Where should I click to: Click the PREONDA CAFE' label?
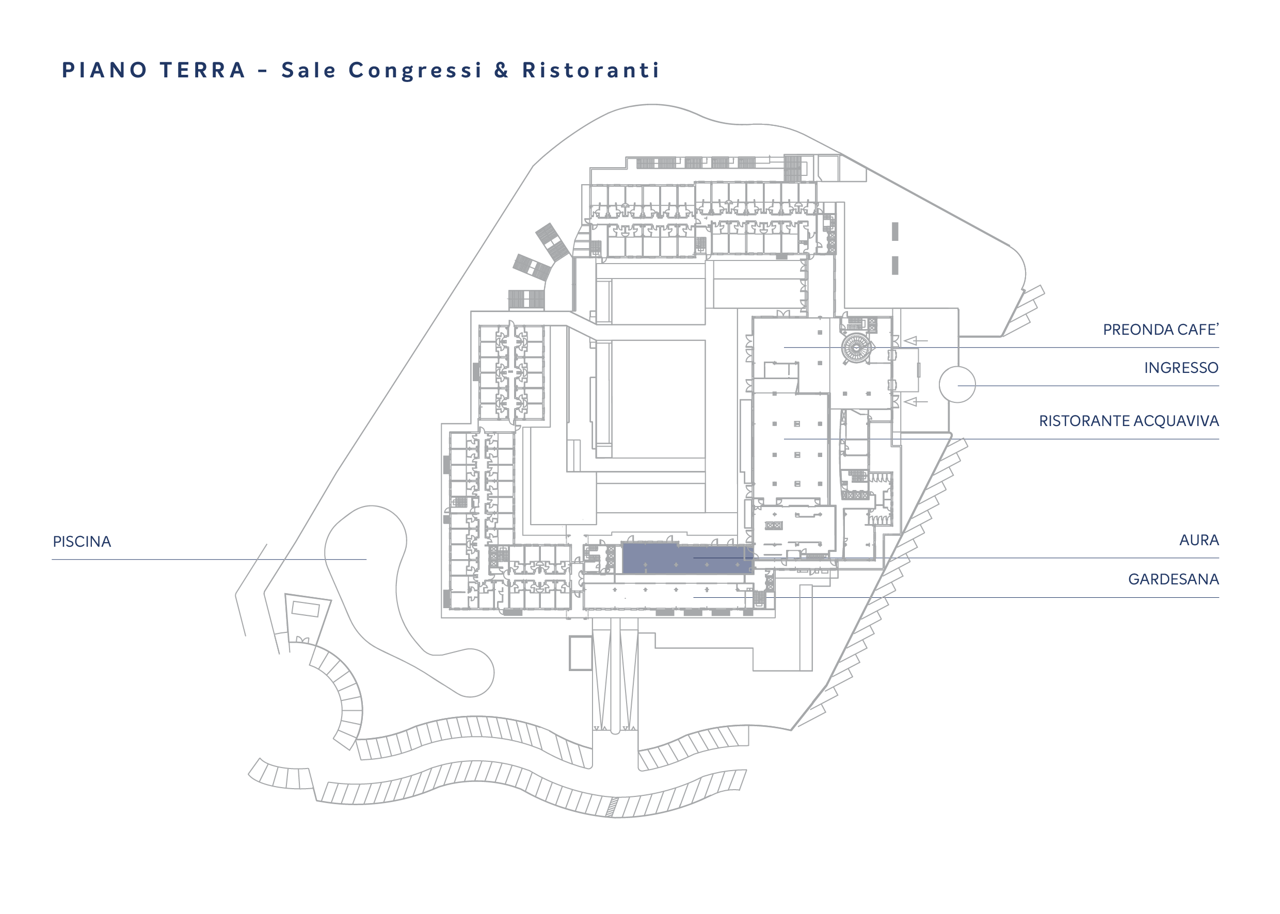[1161, 329]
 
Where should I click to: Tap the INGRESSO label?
[1181, 368]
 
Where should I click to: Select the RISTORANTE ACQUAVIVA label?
[1129, 421]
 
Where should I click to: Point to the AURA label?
[1199, 540]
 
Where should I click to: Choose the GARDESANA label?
[1173, 579]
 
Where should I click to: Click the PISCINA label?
[82, 542]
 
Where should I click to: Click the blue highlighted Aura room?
[687, 559]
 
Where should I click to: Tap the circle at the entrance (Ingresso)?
[957, 367]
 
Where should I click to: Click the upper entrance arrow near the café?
[915, 340]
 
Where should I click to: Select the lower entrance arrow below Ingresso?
[915, 401]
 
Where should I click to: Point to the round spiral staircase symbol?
[856, 348]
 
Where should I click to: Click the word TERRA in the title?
[203, 70]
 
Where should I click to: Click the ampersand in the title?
[501, 70]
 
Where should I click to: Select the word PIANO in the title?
[104, 70]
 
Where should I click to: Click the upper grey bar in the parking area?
[895, 231]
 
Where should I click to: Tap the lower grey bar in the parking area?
[895, 266]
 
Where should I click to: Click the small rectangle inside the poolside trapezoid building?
[306, 609]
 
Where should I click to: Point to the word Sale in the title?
[309, 70]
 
